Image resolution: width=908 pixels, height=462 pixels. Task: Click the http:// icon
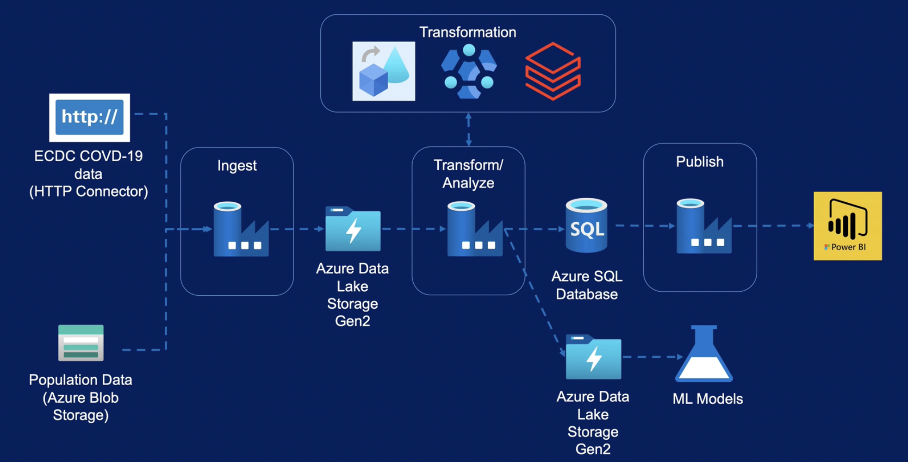(x=89, y=117)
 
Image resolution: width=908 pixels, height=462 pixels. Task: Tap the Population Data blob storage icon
(x=81, y=343)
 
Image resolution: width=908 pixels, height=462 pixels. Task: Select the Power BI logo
(x=847, y=226)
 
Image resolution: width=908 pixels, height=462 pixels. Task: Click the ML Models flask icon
(x=704, y=355)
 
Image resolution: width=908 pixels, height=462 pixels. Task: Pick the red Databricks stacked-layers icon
(x=553, y=71)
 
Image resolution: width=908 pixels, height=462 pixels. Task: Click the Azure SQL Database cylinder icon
(x=586, y=226)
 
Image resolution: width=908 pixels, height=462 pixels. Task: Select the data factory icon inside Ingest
(x=241, y=229)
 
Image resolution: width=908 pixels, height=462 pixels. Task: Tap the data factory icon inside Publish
(x=703, y=226)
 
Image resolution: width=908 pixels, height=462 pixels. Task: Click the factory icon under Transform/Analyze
(x=474, y=229)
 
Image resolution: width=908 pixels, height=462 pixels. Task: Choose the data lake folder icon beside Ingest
(x=353, y=229)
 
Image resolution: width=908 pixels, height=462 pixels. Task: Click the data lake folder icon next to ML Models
(x=593, y=357)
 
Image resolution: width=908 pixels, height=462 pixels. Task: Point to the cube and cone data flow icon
(x=384, y=71)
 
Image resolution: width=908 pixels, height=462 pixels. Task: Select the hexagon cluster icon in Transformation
(x=469, y=71)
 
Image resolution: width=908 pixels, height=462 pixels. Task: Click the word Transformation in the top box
(x=467, y=32)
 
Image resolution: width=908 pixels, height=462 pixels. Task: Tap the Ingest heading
(x=237, y=166)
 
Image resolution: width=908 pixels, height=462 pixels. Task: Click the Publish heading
(x=700, y=162)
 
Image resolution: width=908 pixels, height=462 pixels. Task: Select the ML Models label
(x=708, y=399)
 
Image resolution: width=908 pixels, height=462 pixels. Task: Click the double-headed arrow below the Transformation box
(x=468, y=130)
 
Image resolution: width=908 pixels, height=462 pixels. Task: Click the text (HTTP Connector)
(x=88, y=191)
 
